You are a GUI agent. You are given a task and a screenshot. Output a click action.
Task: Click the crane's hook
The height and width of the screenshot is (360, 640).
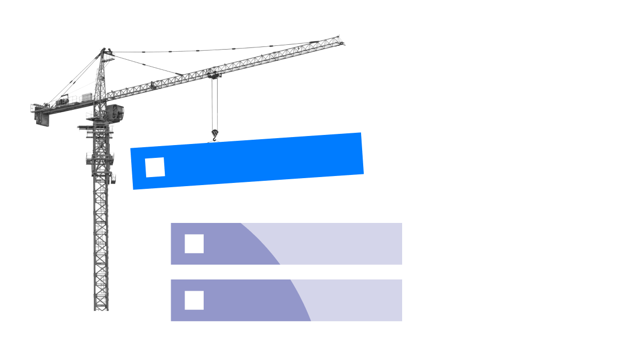[x=215, y=134]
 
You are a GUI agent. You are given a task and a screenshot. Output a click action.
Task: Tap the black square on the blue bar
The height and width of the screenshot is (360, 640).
[x=155, y=167]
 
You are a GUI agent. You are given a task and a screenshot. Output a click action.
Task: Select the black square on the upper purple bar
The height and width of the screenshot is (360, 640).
[x=194, y=244]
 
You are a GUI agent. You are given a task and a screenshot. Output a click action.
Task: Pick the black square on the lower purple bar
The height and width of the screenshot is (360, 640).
[x=194, y=300]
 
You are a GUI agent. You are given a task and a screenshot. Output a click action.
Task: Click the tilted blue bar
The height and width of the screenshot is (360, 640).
[x=256, y=160]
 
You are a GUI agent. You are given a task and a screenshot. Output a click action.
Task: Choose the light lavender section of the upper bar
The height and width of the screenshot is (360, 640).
[x=341, y=244]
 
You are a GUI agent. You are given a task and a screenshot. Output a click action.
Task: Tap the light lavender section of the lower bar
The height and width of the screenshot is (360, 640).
[x=357, y=300]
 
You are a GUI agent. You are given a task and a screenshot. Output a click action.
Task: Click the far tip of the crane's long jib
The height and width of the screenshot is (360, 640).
[x=341, y=41]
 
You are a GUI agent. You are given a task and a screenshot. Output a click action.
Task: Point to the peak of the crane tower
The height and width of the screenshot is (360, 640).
[x=103, y=50]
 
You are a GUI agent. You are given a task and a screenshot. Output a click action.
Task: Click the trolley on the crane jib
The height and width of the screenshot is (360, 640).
[x=213, y=74]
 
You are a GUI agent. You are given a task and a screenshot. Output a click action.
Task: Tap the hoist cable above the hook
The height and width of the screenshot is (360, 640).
[x=214, y=104]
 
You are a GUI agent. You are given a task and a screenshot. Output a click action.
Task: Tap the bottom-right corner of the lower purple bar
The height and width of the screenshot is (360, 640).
[x=401, y=321]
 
